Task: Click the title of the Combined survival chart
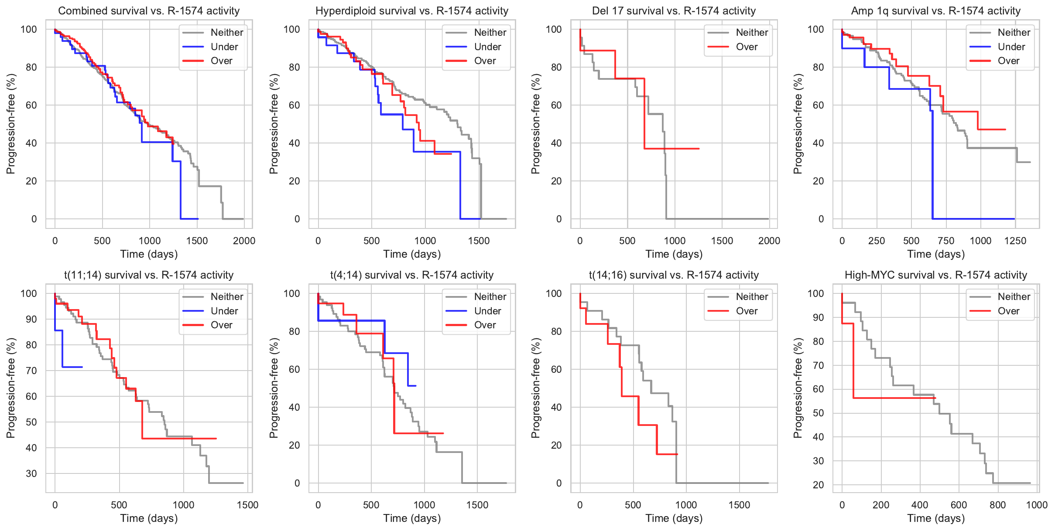tap(149, 11)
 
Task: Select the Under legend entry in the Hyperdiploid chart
tap(487, 47)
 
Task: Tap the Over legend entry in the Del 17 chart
tap(747, 47)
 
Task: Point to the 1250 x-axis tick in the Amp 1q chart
tap(1015, 241)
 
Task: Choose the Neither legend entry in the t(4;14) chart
tap(490, 296)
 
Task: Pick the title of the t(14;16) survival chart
tap(674, 275)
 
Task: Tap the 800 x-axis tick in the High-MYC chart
tap(997, 505)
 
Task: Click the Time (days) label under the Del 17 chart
tap(674, 254)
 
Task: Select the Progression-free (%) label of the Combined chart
tap(10, 124)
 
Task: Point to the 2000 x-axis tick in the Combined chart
tap(244, 241)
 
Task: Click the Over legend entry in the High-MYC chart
tap(1008, 311)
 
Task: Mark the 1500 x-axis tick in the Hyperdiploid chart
tap(479, 241)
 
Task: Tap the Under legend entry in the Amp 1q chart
tap(1011, 47)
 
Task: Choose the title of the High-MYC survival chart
tap(935, 275)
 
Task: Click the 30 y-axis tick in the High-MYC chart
tap(818, 461)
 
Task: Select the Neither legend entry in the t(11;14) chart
tap(227, 296)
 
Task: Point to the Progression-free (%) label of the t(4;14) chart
tap(274, 388)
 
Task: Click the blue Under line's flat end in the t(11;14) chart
tap(82, 367)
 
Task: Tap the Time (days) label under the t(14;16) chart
tap(674, 518)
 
